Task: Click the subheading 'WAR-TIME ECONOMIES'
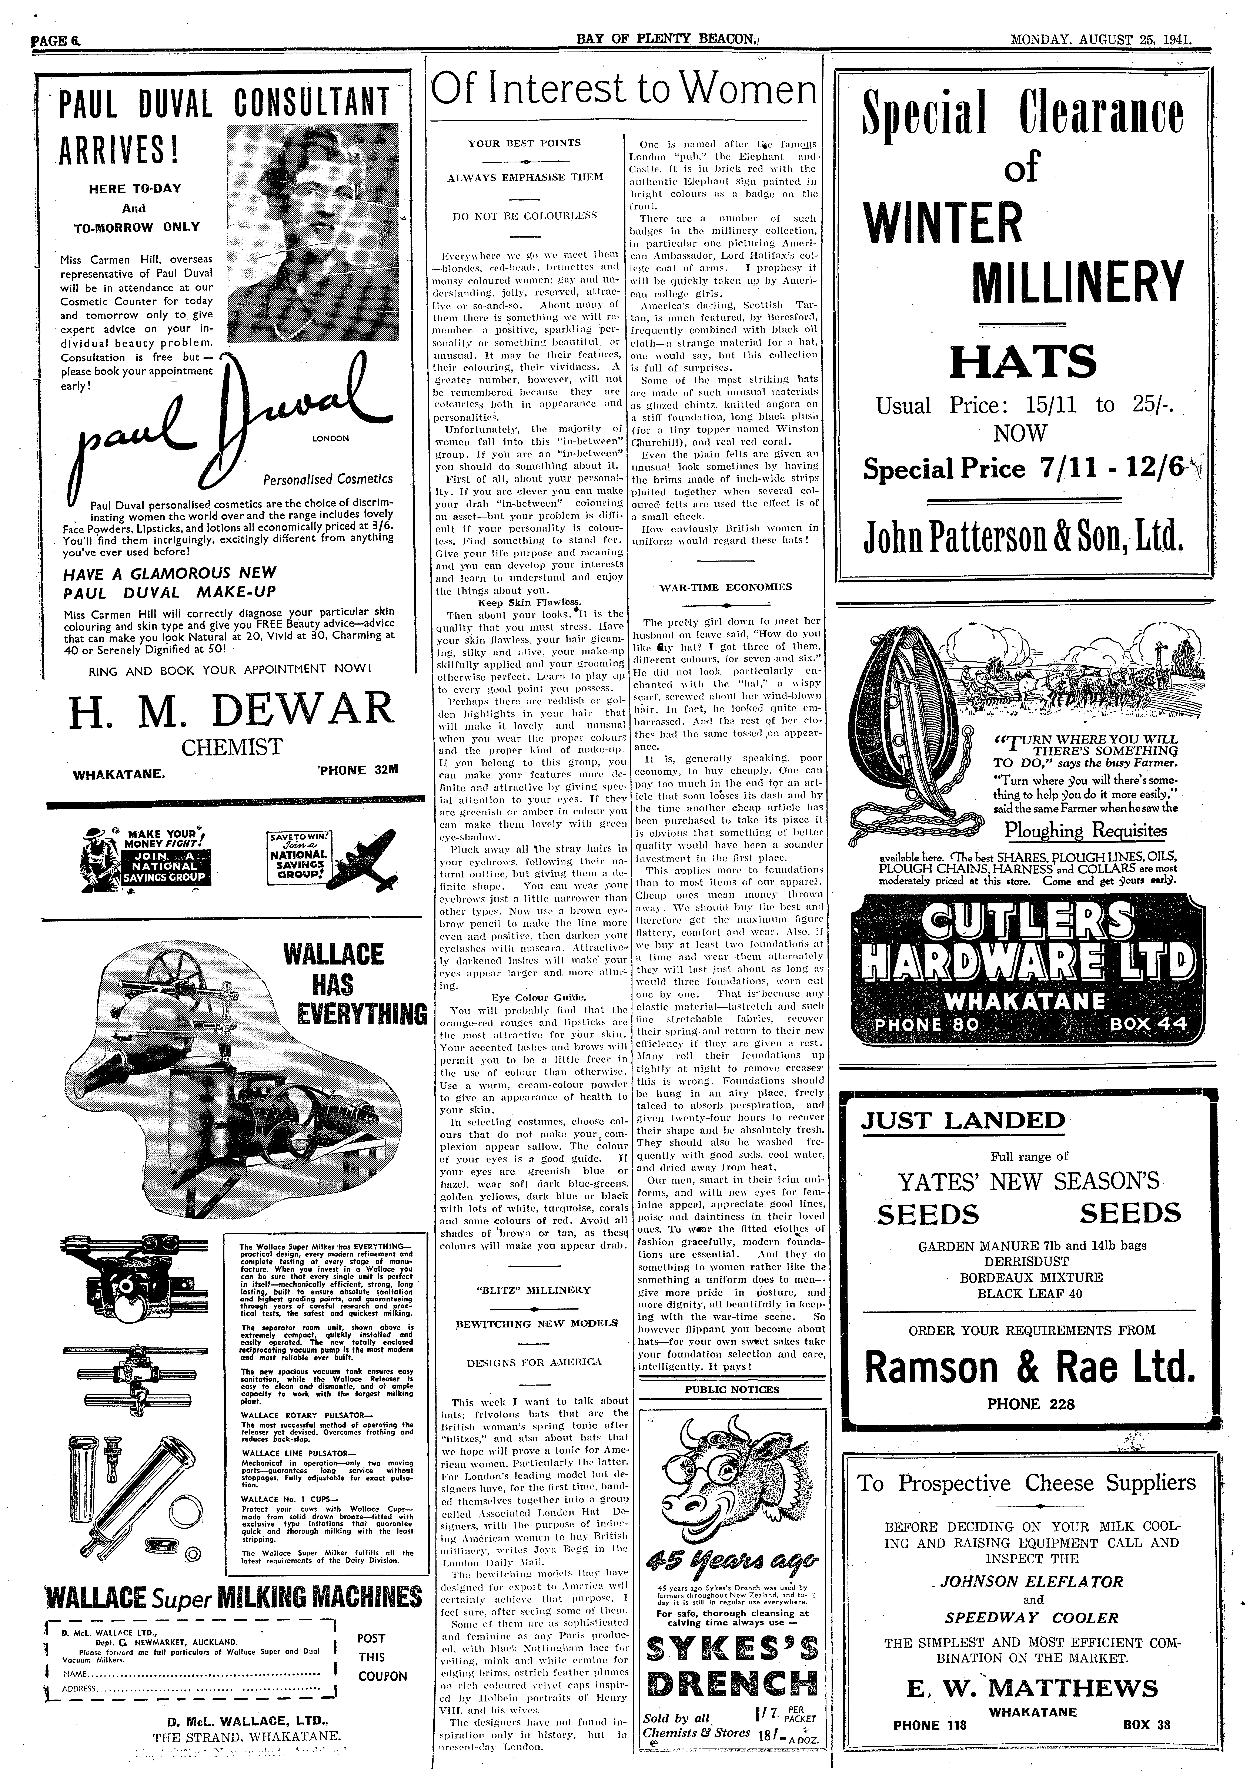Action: click(x=725, y=587)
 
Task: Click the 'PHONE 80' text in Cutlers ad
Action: click(x=927, y=1024)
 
